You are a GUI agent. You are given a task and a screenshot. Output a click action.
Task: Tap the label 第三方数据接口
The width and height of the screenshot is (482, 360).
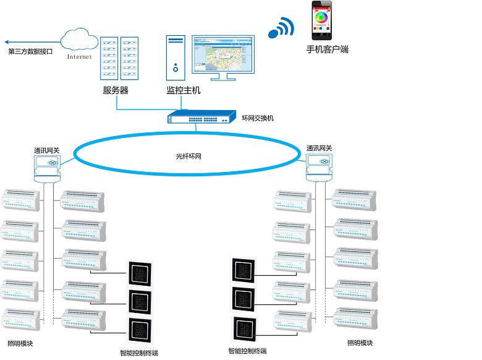[30, 52]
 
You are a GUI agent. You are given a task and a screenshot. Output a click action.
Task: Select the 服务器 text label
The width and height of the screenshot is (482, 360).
[116, 90]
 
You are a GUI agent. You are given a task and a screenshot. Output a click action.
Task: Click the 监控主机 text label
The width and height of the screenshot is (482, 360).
[184, 90]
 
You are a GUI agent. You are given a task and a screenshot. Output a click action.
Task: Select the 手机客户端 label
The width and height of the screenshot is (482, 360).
[328, 49]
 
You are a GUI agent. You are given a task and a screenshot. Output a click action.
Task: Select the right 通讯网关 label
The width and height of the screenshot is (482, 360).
[319, 148]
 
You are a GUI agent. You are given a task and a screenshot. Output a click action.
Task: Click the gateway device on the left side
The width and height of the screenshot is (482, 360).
[48, 166]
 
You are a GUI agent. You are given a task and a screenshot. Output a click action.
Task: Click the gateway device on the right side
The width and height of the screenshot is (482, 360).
[320, 166]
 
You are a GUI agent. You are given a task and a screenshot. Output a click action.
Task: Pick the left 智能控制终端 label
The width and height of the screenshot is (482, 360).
[139, 353]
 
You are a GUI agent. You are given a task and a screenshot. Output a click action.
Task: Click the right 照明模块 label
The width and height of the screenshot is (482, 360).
[360, 343]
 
